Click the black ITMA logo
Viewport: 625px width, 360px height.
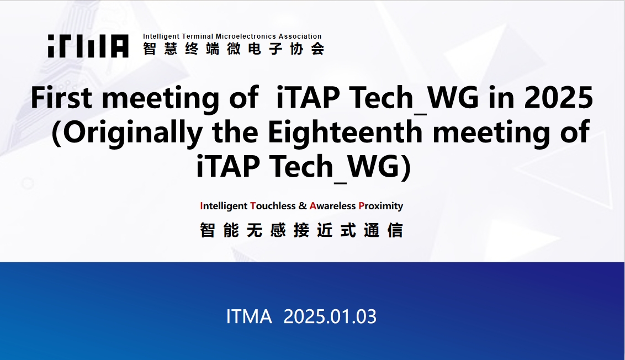pyautogui.click(x=88, y=46)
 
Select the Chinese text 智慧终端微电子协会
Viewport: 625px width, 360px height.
pyautogui.click(x=234, y=49)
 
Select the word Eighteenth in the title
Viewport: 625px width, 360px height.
pyautogui.click(x=345, y=131)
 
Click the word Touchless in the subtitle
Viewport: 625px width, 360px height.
pyautogui.click(x=273, y=206)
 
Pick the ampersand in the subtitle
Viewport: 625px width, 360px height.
pyautogui.click(x=303, y=206)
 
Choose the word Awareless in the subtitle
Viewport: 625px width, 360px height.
pyautogui.click(x=332, y=206)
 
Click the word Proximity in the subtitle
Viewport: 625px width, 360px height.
pyautogui.click(x=380, y=206)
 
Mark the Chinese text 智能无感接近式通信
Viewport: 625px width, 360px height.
pyautogui.click(x=301, y=230)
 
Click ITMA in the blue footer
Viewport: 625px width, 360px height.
pyautogui.click(x=248, y=316)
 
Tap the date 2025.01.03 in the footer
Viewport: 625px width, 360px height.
pyautogui.click(x=330, y=316)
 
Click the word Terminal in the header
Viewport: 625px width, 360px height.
pyautogui.click(x=198, y=36)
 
